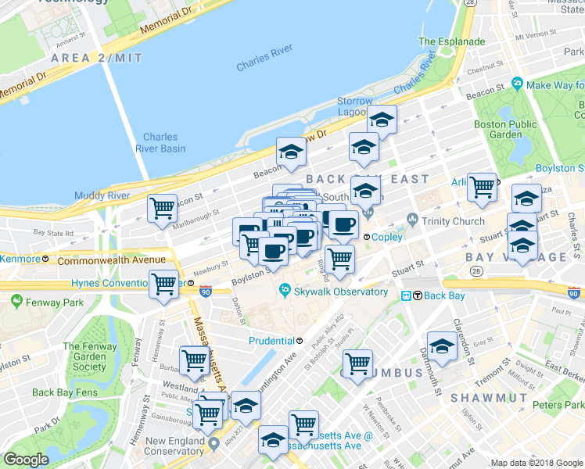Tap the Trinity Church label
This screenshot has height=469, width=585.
[453, 221]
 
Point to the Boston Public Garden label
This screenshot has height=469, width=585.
[505, 129]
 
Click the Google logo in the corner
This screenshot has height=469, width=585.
[26, 460]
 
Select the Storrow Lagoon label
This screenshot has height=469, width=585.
[355, 106]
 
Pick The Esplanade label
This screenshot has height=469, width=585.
[451, 41]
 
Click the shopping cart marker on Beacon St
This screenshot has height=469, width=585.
[162, 209]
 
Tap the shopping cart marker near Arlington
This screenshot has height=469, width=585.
[482, 188]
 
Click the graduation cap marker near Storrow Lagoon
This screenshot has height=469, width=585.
[382, 120]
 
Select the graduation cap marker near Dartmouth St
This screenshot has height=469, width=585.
[442, 347]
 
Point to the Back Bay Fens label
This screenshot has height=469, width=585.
[63, 392]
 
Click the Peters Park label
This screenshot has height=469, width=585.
[557, 405]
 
